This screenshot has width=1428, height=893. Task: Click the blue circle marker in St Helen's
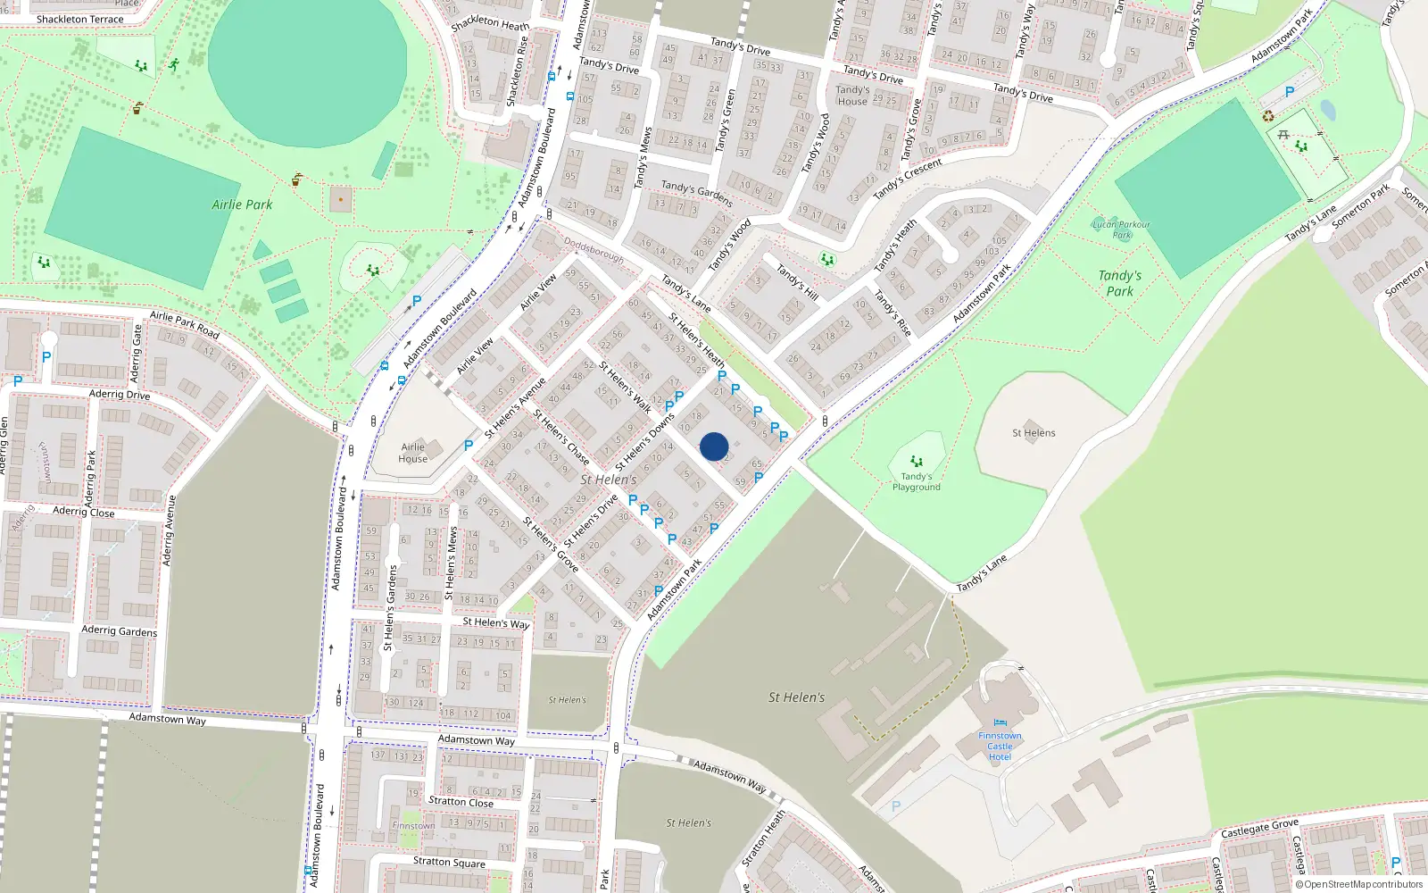pos(714,446)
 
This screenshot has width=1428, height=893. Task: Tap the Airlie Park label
pos(242,204)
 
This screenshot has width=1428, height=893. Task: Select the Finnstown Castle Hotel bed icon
pos(1000,722)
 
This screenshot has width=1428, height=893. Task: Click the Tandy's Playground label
pos(916,482)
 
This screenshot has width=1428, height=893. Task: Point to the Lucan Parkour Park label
pos(1121,230)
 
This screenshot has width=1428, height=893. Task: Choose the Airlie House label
pos(412,453)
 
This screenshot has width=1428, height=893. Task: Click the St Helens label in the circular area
pos(1034,433)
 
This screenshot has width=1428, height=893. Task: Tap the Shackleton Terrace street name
pos(80,19)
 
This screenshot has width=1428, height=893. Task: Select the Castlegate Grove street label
pos(1259,828)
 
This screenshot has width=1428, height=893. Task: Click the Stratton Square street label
pos(449,862)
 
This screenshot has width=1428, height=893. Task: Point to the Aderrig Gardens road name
pos(119,630)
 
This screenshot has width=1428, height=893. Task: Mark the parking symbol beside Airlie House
pos(469,445)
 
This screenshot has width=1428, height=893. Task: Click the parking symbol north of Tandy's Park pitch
pos(1289,92)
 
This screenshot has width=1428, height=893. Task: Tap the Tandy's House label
pos(852,96)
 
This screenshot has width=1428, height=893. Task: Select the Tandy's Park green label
pos(1119,283)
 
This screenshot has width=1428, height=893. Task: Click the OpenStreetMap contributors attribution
pos(1358,884)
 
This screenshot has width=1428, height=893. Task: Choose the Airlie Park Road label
pos(184,324)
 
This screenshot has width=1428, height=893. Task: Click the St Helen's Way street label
pos(495,622)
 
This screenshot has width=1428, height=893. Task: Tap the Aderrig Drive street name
pos(120,394)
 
